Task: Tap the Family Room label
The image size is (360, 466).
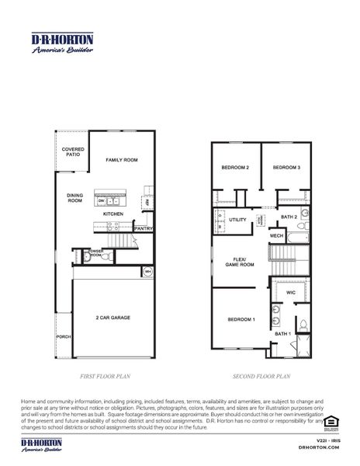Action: [121, 159]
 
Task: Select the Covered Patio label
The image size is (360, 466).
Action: [73, 151]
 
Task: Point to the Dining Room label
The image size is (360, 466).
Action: [74, 198]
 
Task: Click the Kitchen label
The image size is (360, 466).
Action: [113, 214]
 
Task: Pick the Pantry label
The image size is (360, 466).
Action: [143, 228]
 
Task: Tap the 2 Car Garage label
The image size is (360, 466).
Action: [113, 318]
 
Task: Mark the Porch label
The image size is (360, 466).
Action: [63, 337]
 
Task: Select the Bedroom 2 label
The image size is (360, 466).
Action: [235, 168]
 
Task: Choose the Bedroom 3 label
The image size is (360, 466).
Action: [286, 168]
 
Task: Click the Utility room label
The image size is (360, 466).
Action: [237, 220]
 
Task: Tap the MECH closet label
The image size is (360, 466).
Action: [276, 235]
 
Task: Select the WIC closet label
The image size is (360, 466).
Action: [291, 293]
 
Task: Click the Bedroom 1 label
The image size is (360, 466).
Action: [241, 319]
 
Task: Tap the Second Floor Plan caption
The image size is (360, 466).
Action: [261, 377]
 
